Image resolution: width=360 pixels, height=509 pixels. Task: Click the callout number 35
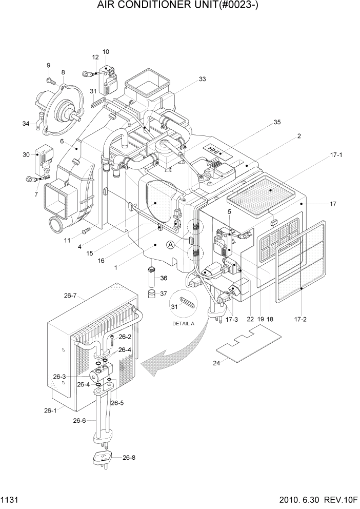[277, 123]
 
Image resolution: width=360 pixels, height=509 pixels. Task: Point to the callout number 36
[164, 278]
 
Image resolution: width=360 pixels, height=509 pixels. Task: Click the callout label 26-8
[129, 457]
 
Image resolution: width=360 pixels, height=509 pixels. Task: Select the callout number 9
[48, 65]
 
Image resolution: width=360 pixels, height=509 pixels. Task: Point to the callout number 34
[26, 123]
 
